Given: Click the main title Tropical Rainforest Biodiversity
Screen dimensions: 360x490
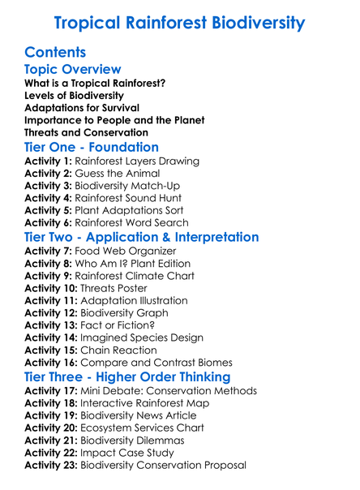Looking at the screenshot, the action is pyautogui.click(x=179, y=22).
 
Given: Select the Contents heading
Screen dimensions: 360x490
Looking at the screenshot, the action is pyautogui.click(x=56, y=53).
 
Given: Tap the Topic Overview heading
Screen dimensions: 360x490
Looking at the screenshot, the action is pyautogui.click(x=73, y=70).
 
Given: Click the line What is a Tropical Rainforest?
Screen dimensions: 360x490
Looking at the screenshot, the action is pyautogui.click(x=96, y=84).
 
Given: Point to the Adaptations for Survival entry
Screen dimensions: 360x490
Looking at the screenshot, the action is pyautogui.click(x=82, y=108).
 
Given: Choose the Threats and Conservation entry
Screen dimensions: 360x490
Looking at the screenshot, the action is pyautogui.click(x=86, y=132).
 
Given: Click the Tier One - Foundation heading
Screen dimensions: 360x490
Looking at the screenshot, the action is pyautogui.click(x=92, y=148).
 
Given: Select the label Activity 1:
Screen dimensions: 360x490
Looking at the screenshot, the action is pyautogui.click(x=49, y=161).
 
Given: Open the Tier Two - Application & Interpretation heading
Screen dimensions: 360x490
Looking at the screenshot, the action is pyautogui.click(x=142, y=238).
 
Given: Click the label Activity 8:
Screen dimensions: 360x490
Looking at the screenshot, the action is pyautogui.click(x=49, y=264).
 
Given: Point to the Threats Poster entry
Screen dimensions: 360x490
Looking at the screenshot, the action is pyautogui.click(x=113, y=288).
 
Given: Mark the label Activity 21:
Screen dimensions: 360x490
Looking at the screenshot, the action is pyautogui.click(x=52, y=440).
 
